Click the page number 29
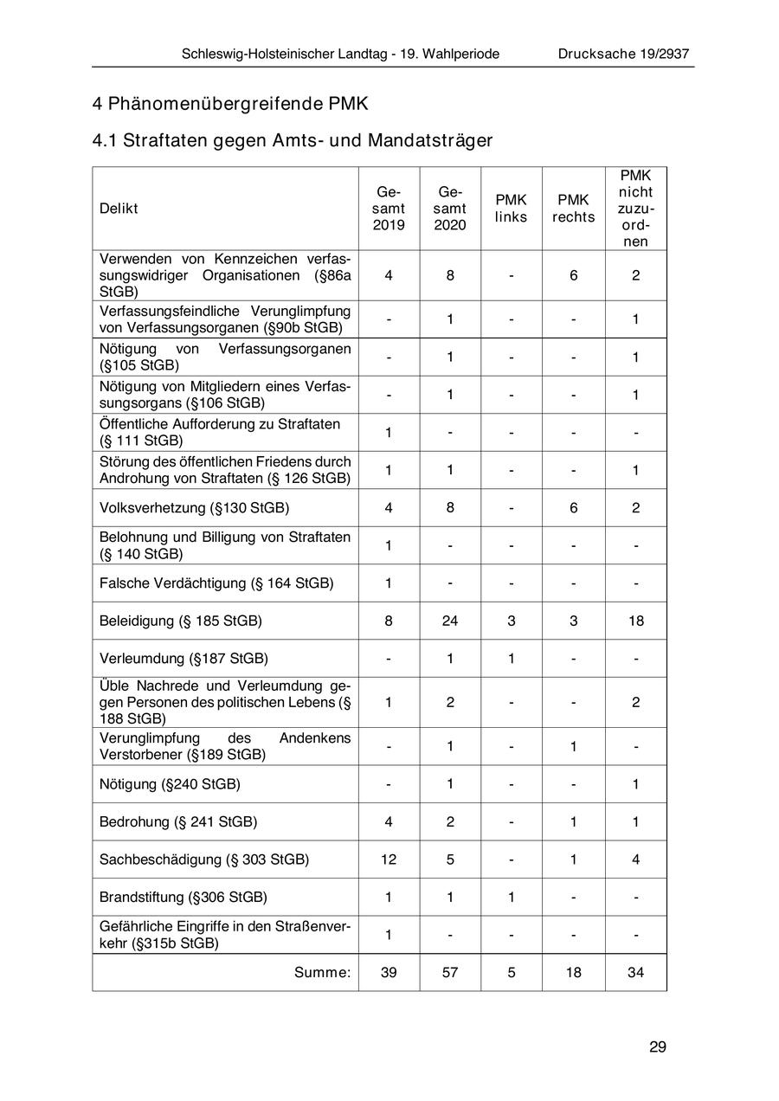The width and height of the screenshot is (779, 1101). [657, 1046]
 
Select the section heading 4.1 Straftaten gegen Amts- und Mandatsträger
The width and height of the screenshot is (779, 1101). [293, 139]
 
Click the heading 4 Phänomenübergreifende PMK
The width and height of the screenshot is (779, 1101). [230, 104]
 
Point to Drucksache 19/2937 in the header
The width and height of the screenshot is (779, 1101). [623, 54]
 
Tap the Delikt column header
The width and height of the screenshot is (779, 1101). [119, 209]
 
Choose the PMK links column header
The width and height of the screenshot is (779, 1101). [511, 209]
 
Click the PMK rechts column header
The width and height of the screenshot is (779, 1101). [573, 209]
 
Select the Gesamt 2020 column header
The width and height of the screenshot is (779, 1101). [450, 209]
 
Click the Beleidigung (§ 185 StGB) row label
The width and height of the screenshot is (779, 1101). [181, 621]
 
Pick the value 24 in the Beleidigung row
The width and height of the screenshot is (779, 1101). [450, 621]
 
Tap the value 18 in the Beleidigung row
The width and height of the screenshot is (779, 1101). [635, 621]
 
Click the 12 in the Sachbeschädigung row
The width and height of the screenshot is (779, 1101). [389, 860]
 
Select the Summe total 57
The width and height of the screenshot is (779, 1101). [450, 972]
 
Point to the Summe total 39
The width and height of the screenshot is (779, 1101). [389, 972]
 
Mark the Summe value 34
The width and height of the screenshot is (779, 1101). [635, 972]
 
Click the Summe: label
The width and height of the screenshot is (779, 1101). [322, 972]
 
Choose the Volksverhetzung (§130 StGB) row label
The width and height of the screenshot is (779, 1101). [194, 508]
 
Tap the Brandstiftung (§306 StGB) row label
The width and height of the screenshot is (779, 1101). [183, 897]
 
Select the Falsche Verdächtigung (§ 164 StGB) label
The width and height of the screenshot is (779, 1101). [216, 583]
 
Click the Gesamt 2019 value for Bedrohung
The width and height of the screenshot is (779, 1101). [389, 821]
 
